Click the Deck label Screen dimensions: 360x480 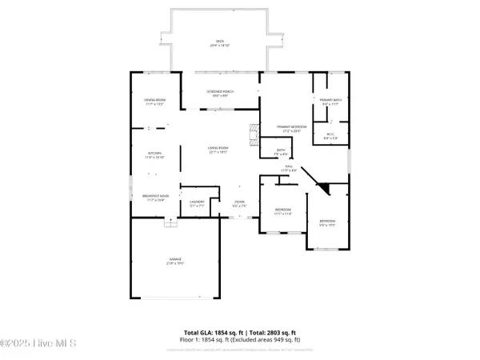click(x=218, y=43)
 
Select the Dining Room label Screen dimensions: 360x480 click(x=154, y=102)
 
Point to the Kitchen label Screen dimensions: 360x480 click(x=154, y=155)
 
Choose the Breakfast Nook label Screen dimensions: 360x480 click(x=154, y=198)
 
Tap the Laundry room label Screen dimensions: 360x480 click(x=198, y=203)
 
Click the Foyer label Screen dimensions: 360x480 click(x=238, y=203)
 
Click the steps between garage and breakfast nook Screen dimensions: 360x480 click(x=169, y=224)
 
